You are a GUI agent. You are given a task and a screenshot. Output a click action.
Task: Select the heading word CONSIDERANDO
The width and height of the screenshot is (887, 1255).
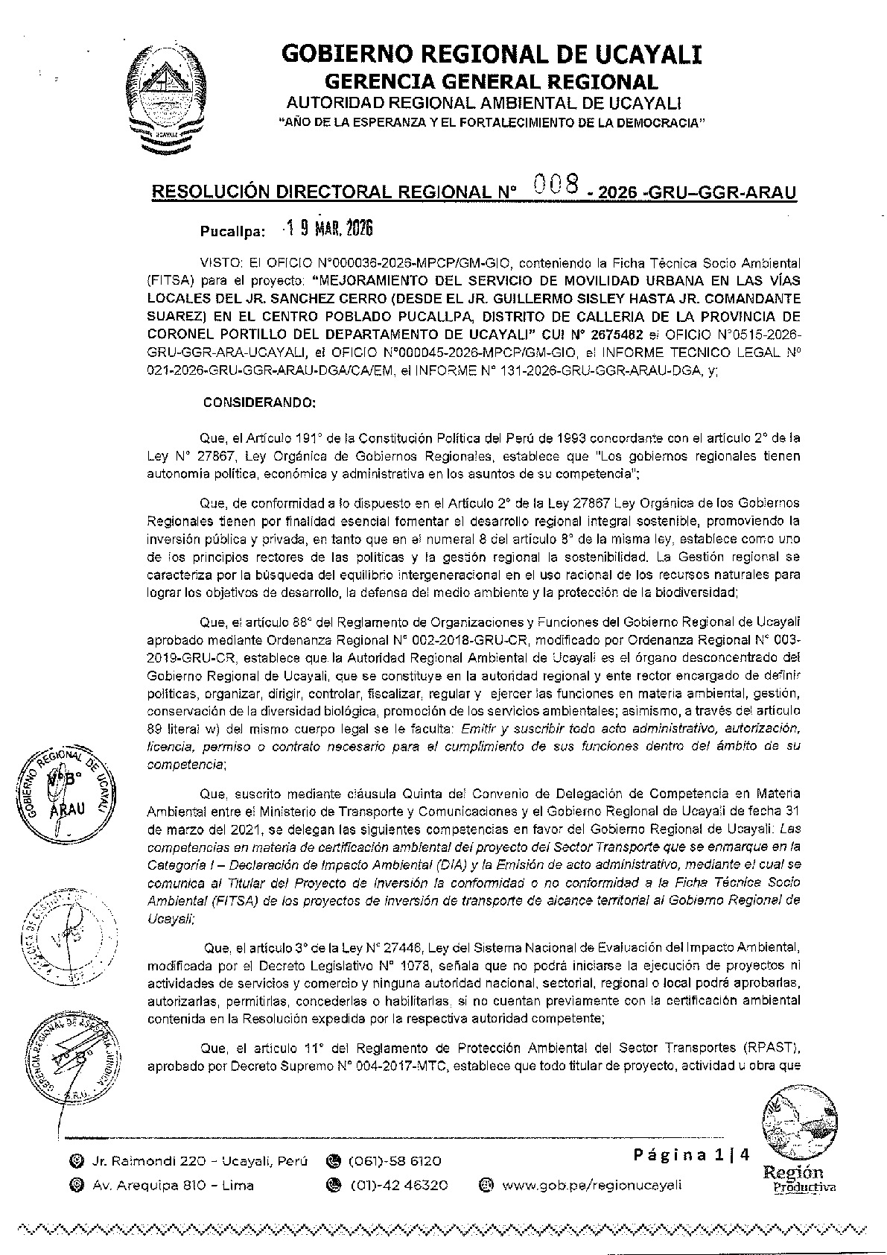260,402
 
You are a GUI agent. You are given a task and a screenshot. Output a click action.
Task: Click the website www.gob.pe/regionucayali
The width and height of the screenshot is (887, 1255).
591,1185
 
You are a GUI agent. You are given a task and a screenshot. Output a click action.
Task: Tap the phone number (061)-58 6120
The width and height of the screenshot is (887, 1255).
394,1161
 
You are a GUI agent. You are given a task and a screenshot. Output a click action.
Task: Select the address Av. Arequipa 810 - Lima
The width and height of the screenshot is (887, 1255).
173,1185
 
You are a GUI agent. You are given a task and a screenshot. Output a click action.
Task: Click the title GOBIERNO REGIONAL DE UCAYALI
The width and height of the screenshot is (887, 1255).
492,55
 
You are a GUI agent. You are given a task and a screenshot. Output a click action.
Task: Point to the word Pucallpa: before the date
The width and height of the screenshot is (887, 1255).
232,232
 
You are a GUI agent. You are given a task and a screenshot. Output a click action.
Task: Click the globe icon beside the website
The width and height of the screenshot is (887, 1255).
486,1185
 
